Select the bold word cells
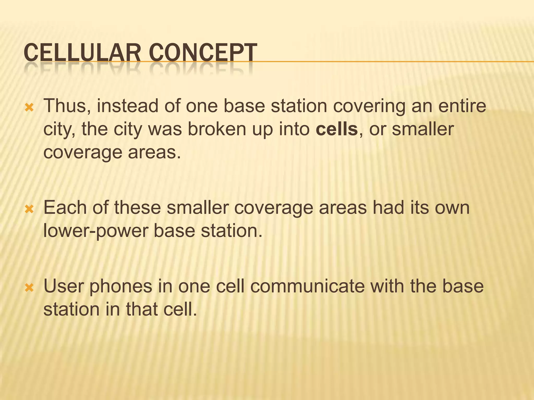point(337,129)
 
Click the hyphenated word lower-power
point(95,231)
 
